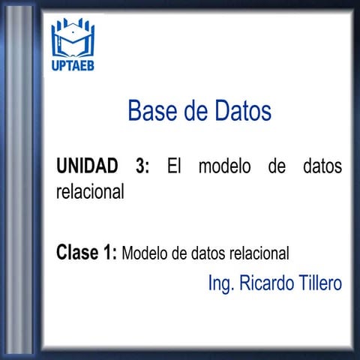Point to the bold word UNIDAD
click(87, 166)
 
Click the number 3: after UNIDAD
click(143, 166)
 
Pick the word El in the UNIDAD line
click(174, 166)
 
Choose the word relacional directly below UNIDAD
click(89, 190)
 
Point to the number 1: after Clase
click(109, 252)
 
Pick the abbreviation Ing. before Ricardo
click(222, 284)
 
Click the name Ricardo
click(266, 283)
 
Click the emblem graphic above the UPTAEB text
click(73, 39)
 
